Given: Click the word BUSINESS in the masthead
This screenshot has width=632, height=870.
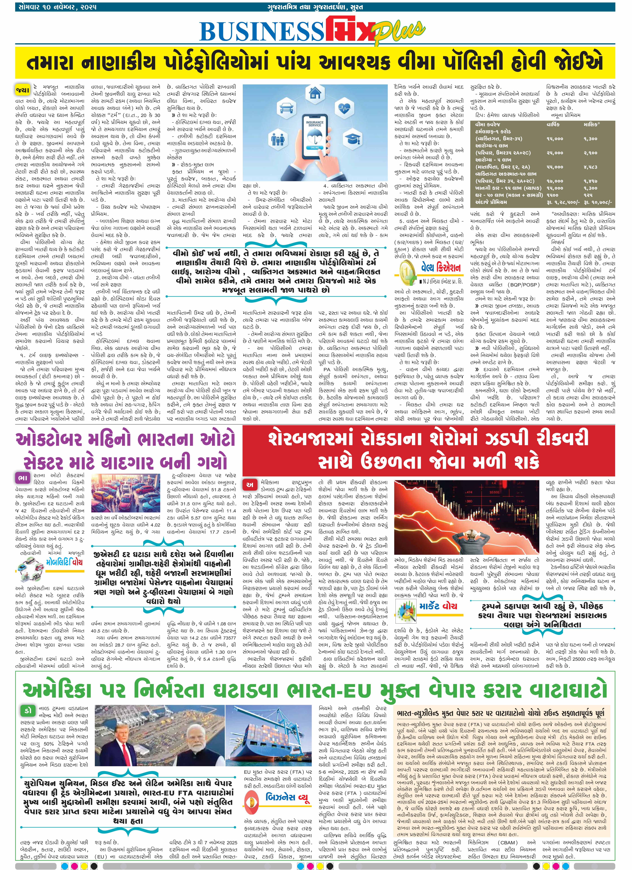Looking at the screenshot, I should click(x=261, y=31).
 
